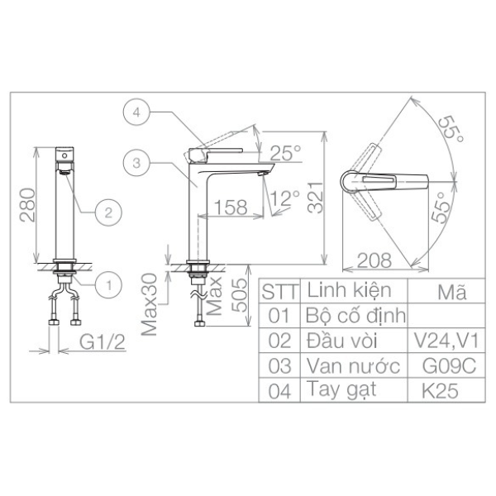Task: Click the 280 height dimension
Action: pyautogui.click(x=27, y=205)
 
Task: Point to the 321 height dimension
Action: pyautogui.click(x=316, y=198)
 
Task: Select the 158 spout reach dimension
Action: pyautogui.click(x=231, y=207)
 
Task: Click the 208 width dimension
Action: pyautogui.click(x=374, y=260)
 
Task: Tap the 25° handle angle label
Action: pyautogui.click(x=285, y=153)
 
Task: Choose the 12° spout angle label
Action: pyautogui.click(x=284, y=198)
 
